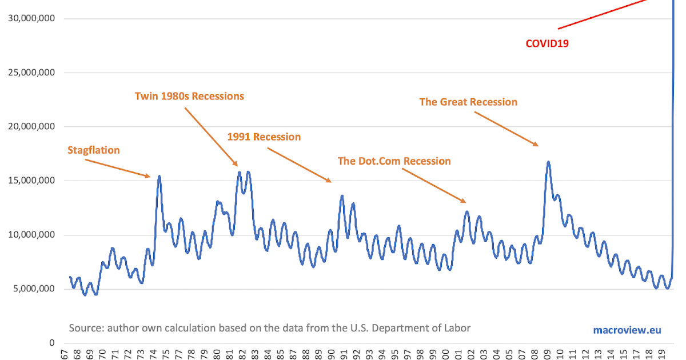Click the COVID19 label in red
(547, 43)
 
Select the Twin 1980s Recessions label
(189, 96)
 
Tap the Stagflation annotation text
(94, 150)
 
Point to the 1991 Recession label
(264, 137)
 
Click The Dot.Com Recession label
(394, 161)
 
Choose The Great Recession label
(468, 102)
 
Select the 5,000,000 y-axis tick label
(33, 289)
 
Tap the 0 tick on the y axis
(51, 343)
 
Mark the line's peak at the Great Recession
(548, 162)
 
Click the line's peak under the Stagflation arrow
(159, 177)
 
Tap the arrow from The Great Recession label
(506, 129)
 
